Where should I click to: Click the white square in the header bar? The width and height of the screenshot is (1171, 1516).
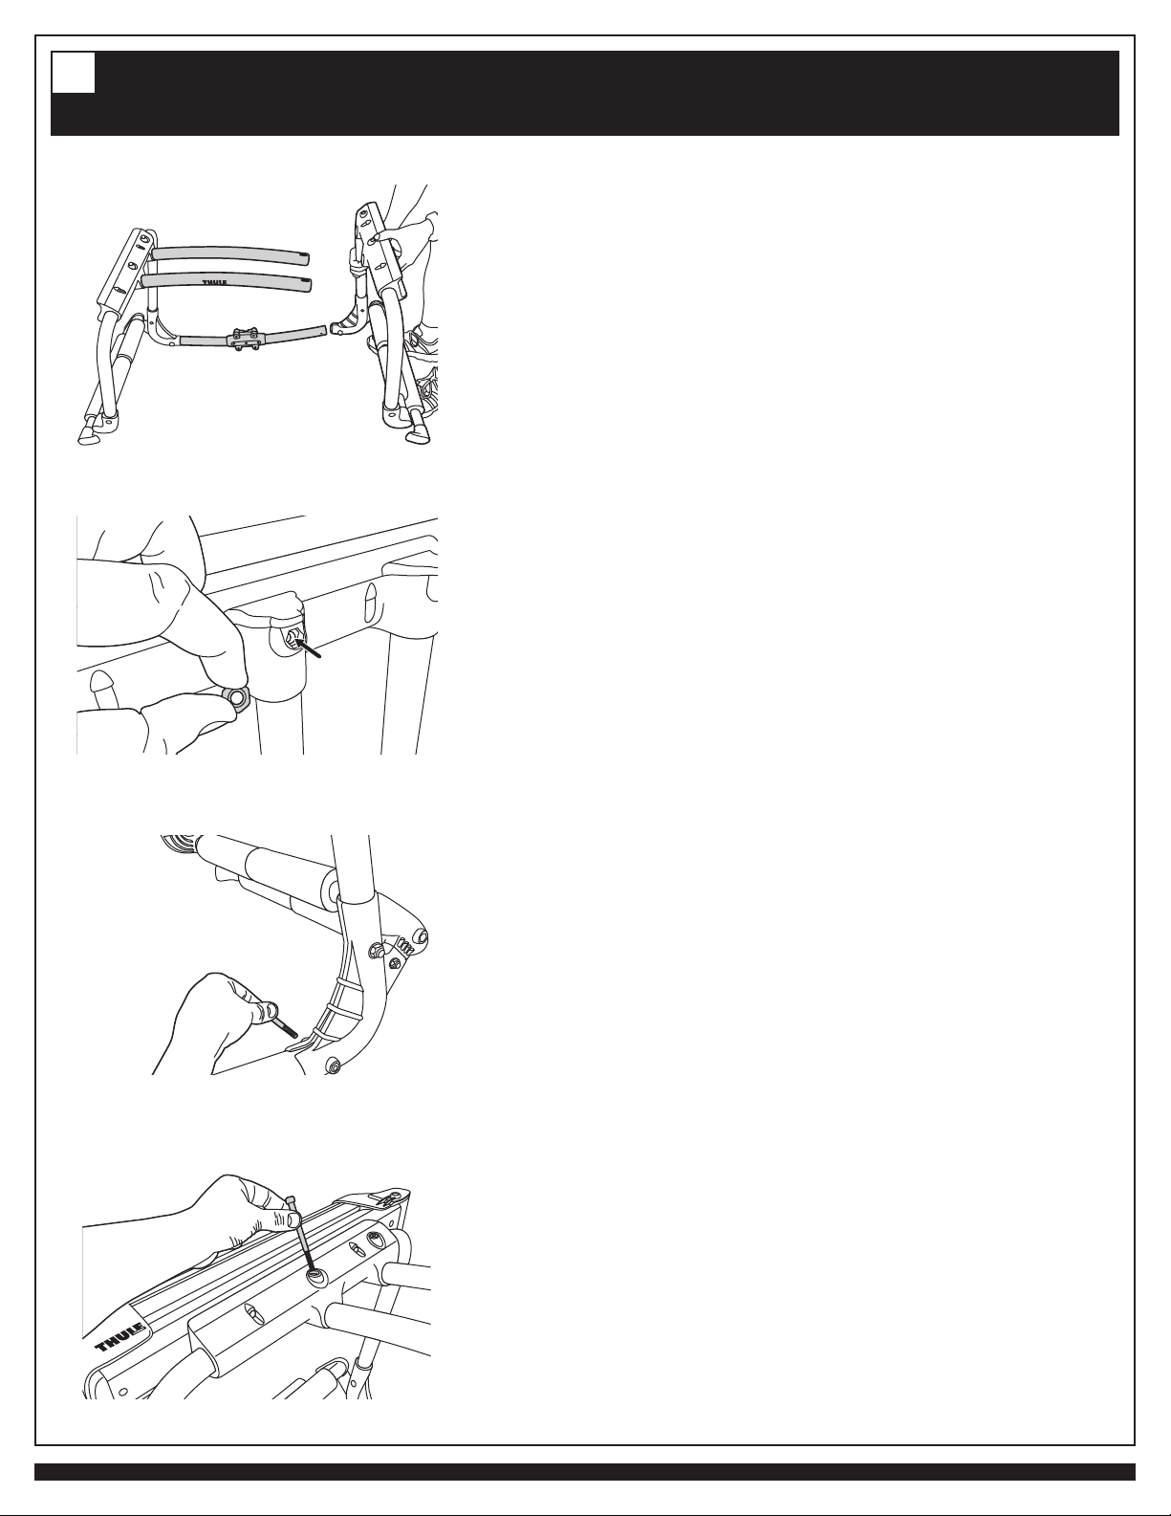[74, 74]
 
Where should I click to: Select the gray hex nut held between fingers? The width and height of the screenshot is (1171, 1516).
[236, 696]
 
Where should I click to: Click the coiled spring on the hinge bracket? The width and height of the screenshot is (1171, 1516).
[403, 947]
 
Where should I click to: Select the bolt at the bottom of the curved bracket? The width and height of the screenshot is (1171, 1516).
[334, 1067]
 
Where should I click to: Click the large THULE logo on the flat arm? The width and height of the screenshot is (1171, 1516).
[119, 1334]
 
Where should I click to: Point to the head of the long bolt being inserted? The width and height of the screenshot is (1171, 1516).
[293, 1197]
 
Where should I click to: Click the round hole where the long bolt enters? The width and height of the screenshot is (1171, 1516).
[315, 1277]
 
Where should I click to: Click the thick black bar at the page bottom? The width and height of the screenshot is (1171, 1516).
[585, 1472]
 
